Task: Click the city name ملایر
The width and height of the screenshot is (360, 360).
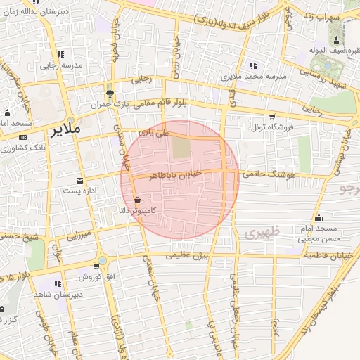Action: (x=65, y=131)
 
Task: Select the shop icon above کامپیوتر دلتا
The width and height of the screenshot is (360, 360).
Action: (x=137, y=200)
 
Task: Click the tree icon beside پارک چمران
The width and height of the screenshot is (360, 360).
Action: (x=109, y=94)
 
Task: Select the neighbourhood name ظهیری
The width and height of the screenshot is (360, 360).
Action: (x=264, y=231)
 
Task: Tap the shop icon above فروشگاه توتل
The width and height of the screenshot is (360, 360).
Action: (x=271, y=117)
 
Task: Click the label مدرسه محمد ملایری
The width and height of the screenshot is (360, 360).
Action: (x=252, y=75)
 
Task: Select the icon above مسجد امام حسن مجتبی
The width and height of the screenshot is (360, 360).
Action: (x=319, y=217)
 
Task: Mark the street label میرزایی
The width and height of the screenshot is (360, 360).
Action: (x=79, y=233)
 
